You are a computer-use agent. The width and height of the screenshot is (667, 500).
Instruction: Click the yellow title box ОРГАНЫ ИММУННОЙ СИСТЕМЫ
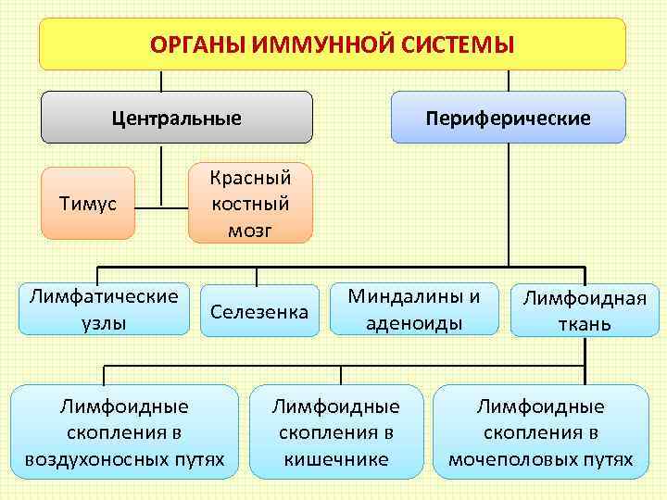(x=332, y=44)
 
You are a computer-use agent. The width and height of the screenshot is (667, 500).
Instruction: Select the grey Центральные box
(x=176, y=118)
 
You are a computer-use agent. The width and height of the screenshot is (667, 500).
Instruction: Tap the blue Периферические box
(x=508, y=118)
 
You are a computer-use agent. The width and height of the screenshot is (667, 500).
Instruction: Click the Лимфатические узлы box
(x=103, y=308)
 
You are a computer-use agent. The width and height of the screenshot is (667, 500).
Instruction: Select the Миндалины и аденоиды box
(x=414, y=308)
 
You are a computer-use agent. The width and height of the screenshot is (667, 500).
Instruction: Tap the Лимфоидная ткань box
(x=584, y=310)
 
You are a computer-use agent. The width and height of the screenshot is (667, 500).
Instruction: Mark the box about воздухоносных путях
(x=124, y=432)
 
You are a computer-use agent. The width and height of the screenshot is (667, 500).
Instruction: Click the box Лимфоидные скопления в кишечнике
(x=335, y=432)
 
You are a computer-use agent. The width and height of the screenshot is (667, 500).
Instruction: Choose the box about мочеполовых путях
(x=541, y=432)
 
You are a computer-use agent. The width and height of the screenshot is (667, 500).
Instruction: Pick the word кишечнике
(x=335, y=459)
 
